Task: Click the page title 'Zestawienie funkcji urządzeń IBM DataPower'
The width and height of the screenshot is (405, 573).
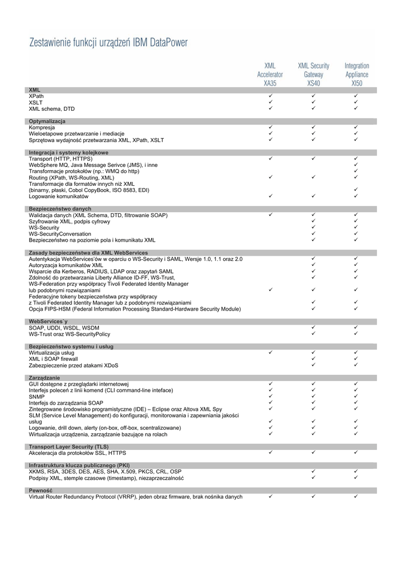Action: (x=109, y=43)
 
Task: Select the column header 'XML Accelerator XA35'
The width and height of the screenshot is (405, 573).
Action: (x=270, y=74)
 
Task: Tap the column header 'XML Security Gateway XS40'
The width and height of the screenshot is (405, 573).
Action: (x=313, y=74)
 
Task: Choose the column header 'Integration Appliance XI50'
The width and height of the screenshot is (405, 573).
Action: (x=356, y=74)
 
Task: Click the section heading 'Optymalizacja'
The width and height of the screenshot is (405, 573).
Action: (x=47, y=121)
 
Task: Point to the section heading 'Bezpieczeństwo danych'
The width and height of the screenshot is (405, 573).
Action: (x=60, y=209)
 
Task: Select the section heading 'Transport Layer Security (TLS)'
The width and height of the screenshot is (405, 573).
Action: (x=69, y=447)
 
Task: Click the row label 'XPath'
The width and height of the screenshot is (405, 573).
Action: (x=36, y=96)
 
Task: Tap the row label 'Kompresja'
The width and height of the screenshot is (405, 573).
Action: (x=42, y=128)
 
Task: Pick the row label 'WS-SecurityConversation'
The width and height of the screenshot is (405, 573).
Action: (x=60, y=234)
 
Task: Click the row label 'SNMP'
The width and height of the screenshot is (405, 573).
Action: (x=36, y=396)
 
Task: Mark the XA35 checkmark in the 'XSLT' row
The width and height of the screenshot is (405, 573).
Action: (x=270, y=102)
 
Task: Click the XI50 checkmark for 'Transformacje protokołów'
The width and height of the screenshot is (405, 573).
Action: (x=356, y=171)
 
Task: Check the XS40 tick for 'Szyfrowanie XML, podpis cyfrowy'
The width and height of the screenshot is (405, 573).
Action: (x=313, y=222)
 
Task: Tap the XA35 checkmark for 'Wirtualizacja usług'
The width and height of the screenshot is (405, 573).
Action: (x=270, y=353)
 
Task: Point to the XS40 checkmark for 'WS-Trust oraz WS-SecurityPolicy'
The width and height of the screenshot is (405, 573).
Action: (x=313, y=334)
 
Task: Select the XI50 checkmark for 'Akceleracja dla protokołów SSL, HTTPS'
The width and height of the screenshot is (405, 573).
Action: (x=356, y=452)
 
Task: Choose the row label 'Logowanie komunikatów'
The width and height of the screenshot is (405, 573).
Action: (x=59, y=196)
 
